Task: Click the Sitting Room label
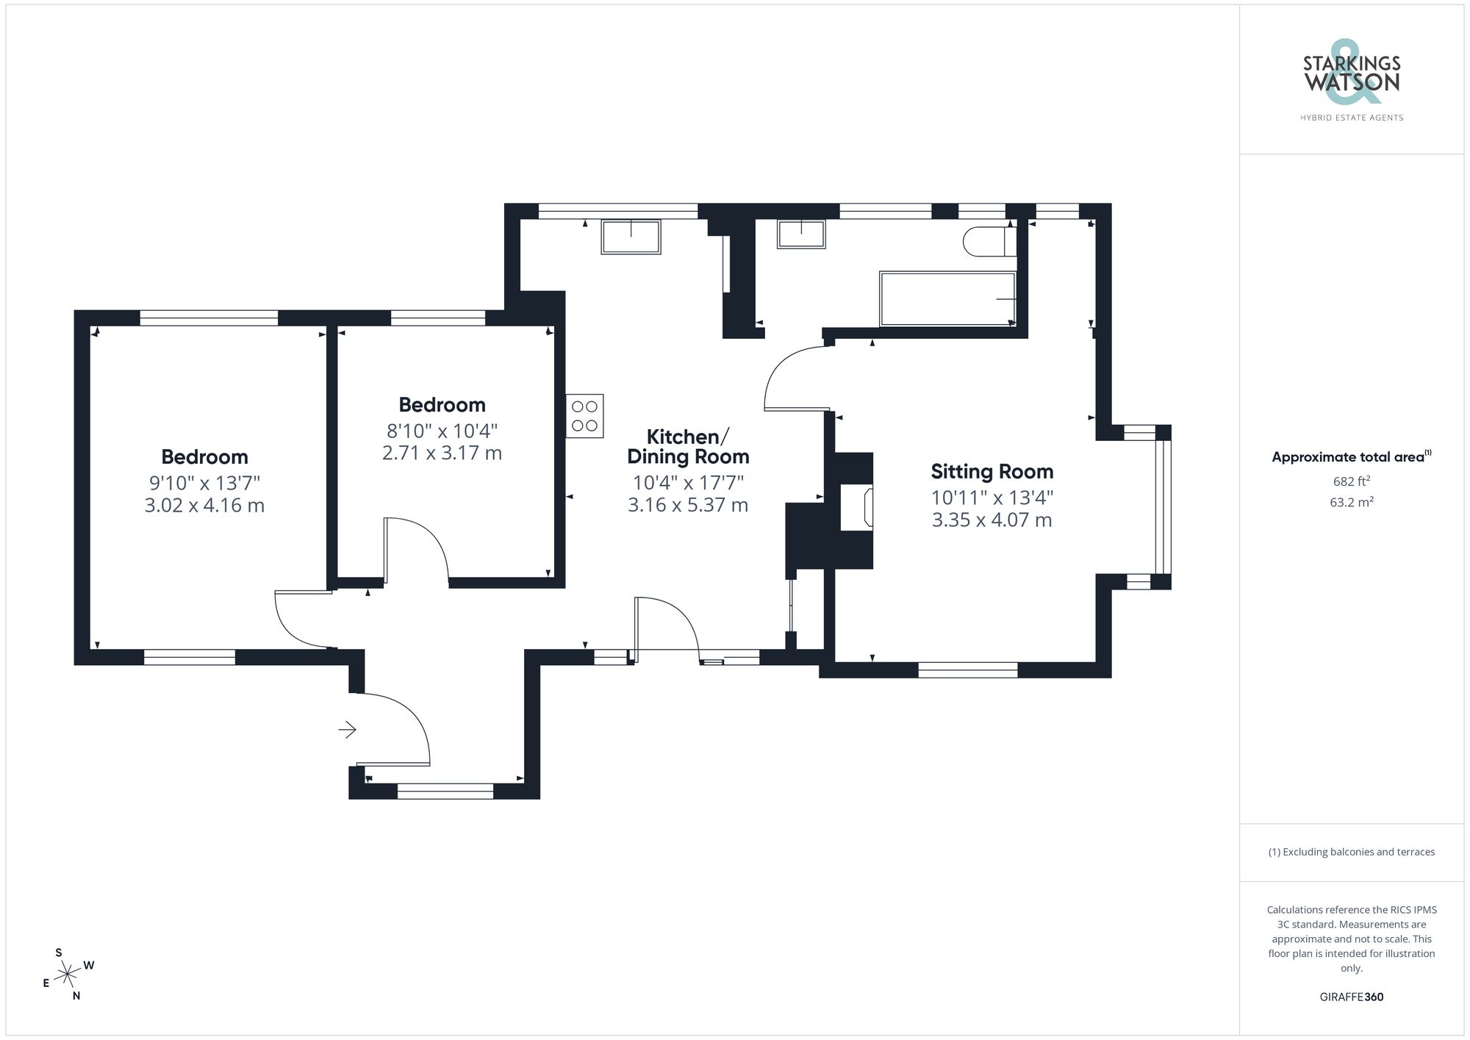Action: [x=992, y=471]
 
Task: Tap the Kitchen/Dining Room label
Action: [x=688, y=446]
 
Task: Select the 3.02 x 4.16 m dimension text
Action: [x=204, y=506]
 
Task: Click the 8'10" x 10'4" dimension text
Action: [x=442, y=430]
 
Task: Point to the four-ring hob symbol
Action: [x=584, y=416]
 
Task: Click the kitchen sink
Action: [x=631, y=237]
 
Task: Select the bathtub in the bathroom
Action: [x=947, y=298]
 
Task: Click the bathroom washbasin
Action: [x=801, y=234]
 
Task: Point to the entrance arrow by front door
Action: [x=347, y=730]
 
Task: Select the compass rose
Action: [x=68, y=975]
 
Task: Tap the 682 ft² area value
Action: [x=1351, y=481]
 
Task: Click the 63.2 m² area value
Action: [x=1351, y=503]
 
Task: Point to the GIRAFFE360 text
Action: [x=1351, y=997]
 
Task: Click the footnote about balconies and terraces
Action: [x=1351, y=852]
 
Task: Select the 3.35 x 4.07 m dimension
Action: [x=992, y=520]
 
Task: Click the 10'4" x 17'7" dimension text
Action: [x=688, y=483]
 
